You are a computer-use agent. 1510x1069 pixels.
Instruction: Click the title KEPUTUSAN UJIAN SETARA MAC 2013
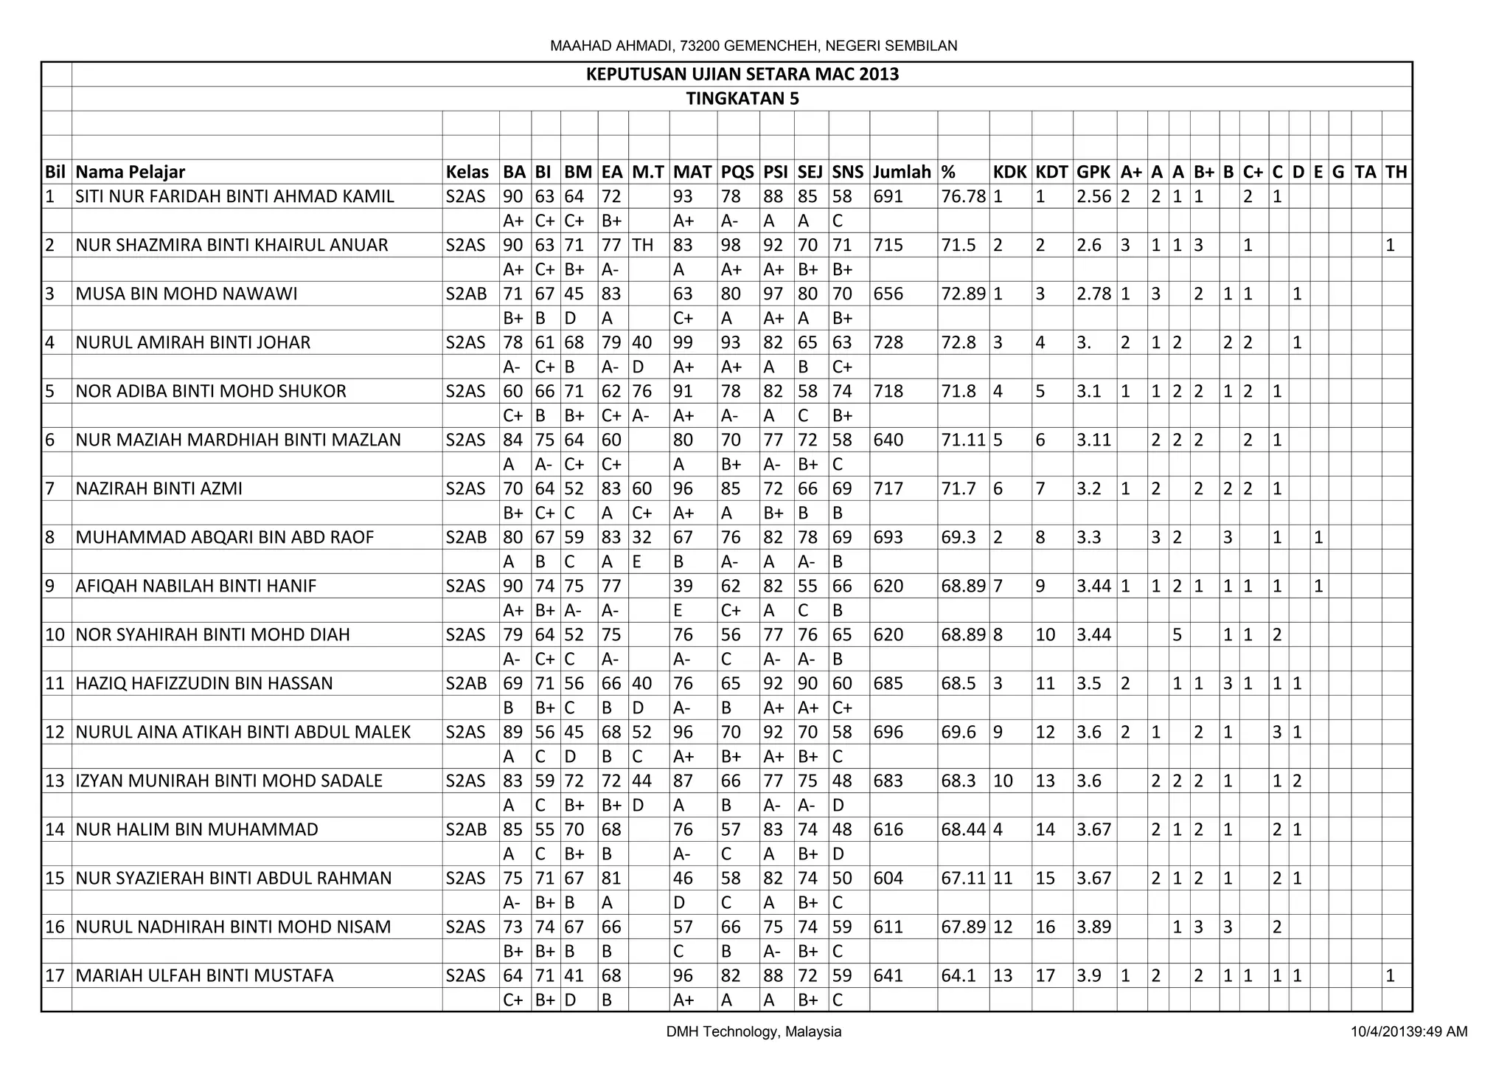click(x=742, y=75)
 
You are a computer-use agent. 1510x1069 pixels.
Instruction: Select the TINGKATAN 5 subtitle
click(x=742, y=99)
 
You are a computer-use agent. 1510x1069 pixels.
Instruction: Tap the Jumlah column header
click(x=902, y=172)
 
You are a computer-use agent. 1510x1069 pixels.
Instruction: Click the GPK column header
click(x=1093, y=172)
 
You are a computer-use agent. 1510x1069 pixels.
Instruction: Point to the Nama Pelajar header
click(x=131, y=172)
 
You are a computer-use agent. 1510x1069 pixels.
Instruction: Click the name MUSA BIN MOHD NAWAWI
click(x=187, y=294)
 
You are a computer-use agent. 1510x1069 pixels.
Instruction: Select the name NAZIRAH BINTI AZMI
click(x=159, y=488)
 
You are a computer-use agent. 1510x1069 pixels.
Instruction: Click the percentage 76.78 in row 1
click(x=963, y=196)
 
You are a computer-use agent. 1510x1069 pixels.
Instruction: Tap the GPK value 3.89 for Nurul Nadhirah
click(x=1093, y=927)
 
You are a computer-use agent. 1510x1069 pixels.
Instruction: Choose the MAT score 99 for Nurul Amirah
click(x=683, y=342)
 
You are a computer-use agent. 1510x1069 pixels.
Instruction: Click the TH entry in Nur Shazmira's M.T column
click(x=643, y=245)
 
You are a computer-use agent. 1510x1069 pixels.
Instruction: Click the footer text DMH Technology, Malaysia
click(x=754, y=1031)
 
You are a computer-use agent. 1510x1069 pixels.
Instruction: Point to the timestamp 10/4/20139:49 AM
click(x=1409, y=1031)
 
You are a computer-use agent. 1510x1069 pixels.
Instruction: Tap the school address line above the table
click(x=754, y=46)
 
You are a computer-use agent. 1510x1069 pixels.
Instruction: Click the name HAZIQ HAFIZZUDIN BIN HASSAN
click(x=204, y=683)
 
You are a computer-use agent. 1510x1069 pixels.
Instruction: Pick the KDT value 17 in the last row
click(x=1045, y=975)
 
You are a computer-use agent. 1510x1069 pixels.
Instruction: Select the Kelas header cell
click(x=467, y=172)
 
